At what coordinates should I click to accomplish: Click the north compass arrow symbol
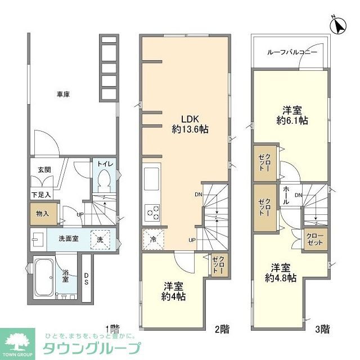click(x=339, y=25)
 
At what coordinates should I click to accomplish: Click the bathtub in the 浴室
click(x=44, y=277)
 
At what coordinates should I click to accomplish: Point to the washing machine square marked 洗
click(x=101, y=238)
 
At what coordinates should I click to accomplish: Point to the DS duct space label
click(x=86, y=279)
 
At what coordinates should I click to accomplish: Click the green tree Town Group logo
click(x=21, y=343)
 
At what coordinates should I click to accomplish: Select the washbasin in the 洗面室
click(x=38, y=238)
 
